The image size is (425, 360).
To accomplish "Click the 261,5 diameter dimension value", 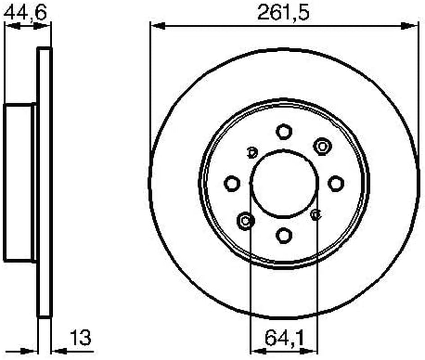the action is (283, 13).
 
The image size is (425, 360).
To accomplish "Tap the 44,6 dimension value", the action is (26, 13).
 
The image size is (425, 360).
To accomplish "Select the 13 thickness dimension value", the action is (81, 337).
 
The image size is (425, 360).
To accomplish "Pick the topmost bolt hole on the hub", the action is (284, 132).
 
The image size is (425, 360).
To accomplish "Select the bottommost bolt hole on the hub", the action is (284, 235).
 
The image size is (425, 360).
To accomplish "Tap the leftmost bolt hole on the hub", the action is (232, 184).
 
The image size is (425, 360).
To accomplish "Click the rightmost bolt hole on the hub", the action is (336, 184).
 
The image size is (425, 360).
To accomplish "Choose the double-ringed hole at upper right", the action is (322, 147).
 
